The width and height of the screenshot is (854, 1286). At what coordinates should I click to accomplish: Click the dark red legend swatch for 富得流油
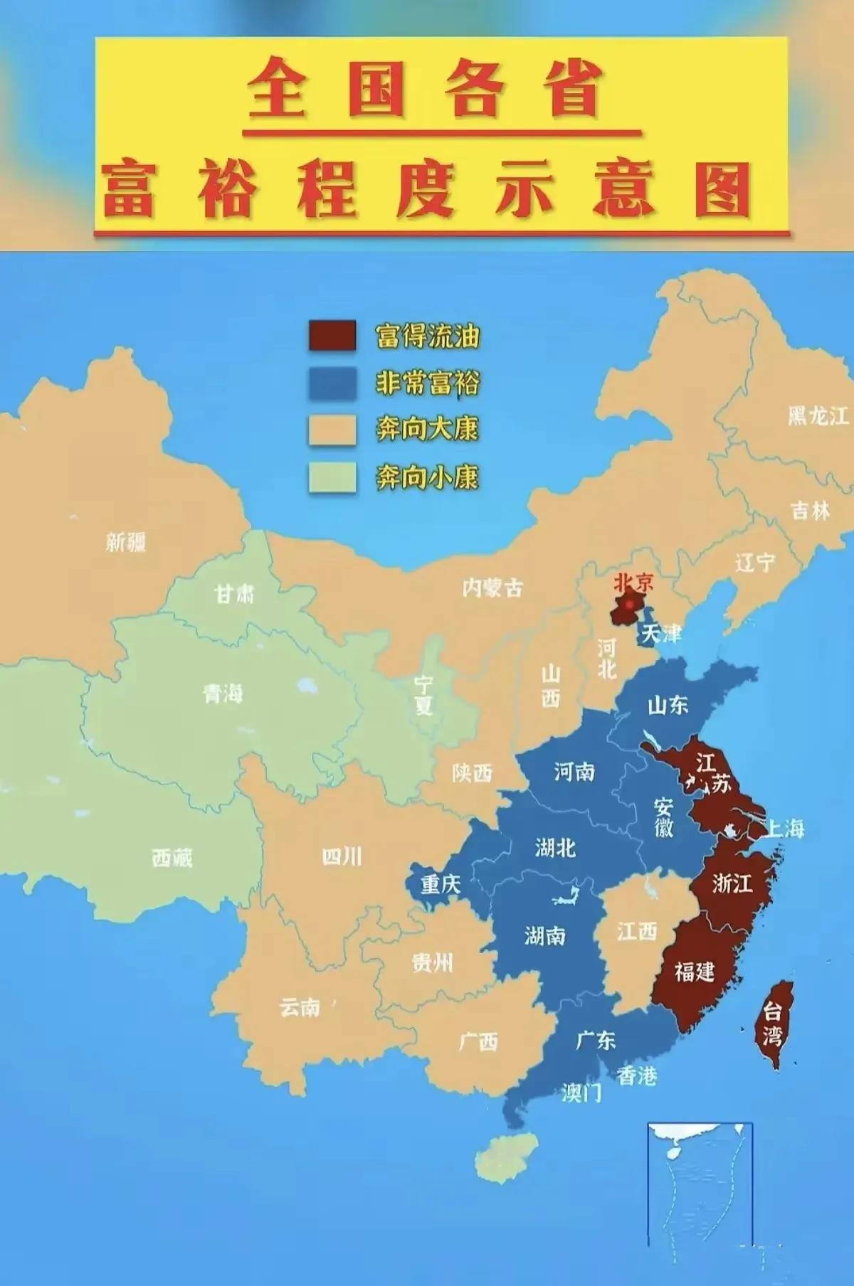click(x=332, y=336)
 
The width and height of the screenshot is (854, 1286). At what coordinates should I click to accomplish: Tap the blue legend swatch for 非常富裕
click(x=332, y=383)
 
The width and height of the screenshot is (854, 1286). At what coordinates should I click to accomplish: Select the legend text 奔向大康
click(x=428, y=430)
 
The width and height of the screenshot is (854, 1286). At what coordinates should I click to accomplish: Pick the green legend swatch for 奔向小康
click(x=332, y=477)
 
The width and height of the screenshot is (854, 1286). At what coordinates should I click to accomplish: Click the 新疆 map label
click(x=126, y=543)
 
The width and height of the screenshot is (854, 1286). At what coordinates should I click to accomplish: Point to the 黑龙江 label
click(x=818, y=415)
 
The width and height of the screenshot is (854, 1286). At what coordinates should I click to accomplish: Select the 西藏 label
click(x=172, y=858)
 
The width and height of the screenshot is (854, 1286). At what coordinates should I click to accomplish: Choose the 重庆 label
click(x=441, y=884)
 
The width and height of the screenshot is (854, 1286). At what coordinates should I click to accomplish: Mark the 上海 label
click(x=785, y=828)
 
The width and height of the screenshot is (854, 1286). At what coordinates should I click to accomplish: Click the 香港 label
click(x=636, y=1076)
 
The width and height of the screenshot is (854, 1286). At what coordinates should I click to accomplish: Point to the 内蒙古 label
click(x=492, y=588)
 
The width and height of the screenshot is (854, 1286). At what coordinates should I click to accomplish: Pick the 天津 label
click(x=661, y=634)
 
